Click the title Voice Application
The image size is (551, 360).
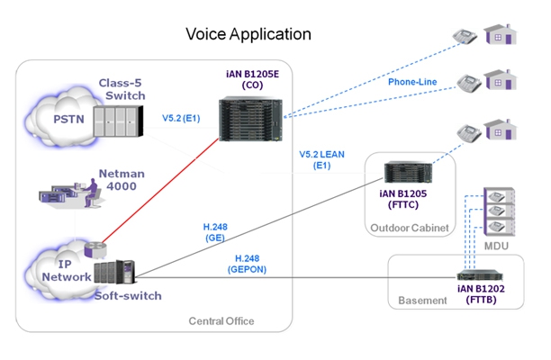coord(248,34)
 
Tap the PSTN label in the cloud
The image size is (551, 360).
coord(68,120)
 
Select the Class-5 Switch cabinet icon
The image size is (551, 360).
coord(118,121)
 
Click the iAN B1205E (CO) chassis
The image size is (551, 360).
coord(250,120)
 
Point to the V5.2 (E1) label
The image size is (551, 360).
coord(181,118)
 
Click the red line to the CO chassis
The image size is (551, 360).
coord(160,191)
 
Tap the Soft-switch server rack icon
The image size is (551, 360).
coord(114,272)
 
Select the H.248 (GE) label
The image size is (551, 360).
coord(215,232)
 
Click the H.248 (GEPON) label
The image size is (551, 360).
coord(247,264)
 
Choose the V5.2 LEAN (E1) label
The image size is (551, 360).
coord(321,160)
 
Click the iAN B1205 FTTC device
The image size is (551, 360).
coord(408,172)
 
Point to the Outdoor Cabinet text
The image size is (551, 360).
coord(410,228)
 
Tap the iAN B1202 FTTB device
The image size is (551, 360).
coord(480,275)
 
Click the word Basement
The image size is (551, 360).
coord(422,301)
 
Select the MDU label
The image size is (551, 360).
coord(496,246)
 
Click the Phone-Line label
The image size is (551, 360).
coord(412,82)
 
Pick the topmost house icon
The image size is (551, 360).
coord(501,34)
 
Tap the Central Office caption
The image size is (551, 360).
coord(221,320)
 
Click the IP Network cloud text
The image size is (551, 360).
coord(66,270)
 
